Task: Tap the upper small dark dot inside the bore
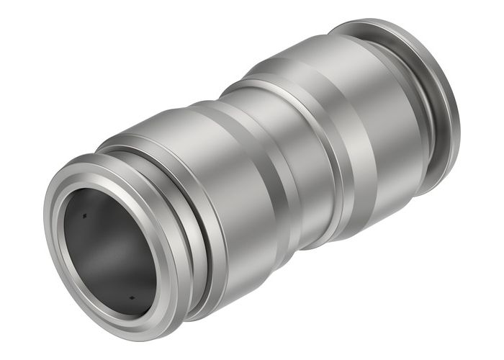tap(85, 215)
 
